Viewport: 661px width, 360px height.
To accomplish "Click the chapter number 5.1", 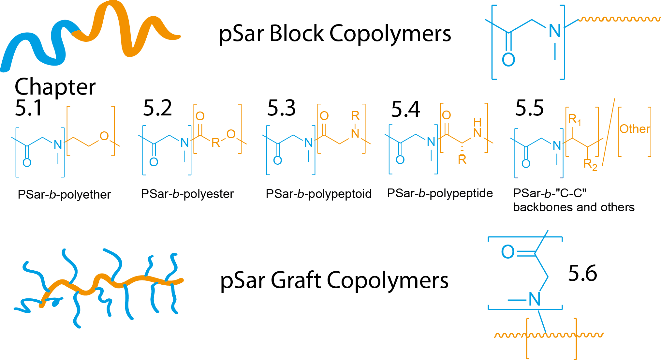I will coord(29,108).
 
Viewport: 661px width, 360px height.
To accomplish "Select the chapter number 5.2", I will coord(157,108).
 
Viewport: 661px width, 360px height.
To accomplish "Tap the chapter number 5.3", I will coord(282,108).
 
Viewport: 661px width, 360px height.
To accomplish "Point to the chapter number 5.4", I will coord(405,109).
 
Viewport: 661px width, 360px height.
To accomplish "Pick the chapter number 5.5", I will coord(530,108).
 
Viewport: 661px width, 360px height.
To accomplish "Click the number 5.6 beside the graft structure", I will coord(582,273).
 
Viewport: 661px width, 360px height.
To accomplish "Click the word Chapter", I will coord(55,87).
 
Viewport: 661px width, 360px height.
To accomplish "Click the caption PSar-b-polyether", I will coord(64,194).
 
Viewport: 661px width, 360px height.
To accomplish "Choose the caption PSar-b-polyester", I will coord(187,194).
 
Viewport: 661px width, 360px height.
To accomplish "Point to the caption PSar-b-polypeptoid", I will coord(318,194).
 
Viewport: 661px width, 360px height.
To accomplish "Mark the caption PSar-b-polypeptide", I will coord(440,193).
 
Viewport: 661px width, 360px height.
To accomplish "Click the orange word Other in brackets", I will coord(635,129).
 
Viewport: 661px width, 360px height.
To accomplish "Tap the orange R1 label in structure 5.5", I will coord(574,119).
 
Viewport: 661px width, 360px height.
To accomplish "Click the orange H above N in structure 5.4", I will coord(477,122).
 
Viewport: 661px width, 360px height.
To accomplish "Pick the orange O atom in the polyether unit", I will coord(104,136).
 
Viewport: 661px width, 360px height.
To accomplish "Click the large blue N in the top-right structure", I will coord(555,31).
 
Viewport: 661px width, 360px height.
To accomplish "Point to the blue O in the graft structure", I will coord(507,252).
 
